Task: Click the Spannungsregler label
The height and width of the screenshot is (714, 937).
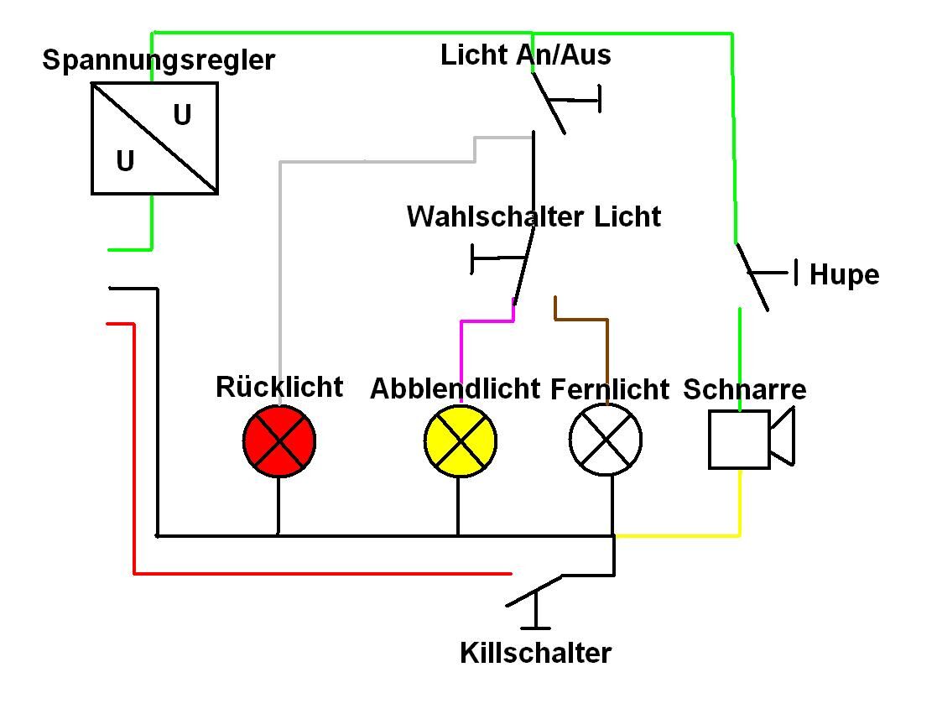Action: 159,60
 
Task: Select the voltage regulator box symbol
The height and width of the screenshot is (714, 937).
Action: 154,138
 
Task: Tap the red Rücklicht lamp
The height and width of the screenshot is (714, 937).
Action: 279,440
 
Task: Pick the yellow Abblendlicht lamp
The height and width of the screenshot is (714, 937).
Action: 460,440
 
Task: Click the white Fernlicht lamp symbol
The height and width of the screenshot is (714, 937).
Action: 606,440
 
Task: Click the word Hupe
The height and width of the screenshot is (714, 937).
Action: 844,275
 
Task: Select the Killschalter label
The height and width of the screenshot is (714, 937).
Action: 536,653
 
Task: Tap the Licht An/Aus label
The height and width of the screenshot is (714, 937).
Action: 526,55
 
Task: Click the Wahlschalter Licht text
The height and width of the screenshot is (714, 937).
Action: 534,216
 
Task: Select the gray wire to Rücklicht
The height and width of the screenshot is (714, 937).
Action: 280,252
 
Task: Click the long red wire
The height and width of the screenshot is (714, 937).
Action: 319,574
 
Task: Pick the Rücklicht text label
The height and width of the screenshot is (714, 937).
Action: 279,387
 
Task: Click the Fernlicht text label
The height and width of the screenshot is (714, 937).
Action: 610,389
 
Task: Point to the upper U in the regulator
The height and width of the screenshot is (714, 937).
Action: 182,115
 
